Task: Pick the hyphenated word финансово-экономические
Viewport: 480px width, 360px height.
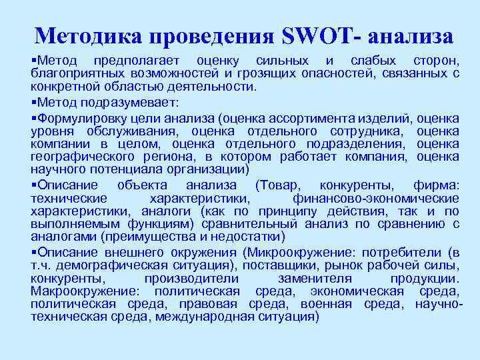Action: click(x=375, y=198)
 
